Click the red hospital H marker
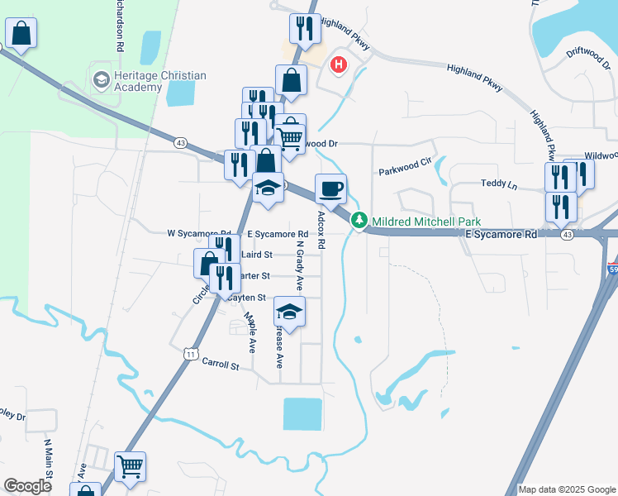[339, 64]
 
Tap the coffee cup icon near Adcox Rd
[330, 189]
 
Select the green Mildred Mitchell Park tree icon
[359, 221]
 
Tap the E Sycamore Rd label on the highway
[501, 235]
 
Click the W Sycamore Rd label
[198, 235]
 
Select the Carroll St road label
[221, 365]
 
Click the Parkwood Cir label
[406, 172]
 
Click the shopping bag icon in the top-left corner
[21, 34]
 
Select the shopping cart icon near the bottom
[131, 467]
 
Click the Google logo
[27, 486]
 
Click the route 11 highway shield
[190, 354]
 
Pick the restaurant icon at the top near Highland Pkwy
[304, 28]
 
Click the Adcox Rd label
[322, 231]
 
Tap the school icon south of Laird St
[289, 312]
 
